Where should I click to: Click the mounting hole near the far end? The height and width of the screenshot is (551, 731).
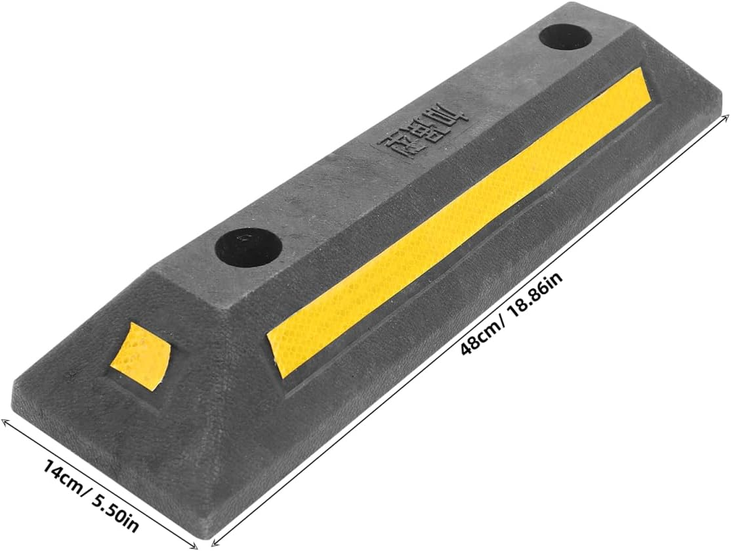point(566,37)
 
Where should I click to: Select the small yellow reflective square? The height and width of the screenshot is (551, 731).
point(140,355)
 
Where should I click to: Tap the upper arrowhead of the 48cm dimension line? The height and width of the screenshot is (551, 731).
point(726,116)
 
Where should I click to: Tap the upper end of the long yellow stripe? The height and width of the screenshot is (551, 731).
point(646,72)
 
